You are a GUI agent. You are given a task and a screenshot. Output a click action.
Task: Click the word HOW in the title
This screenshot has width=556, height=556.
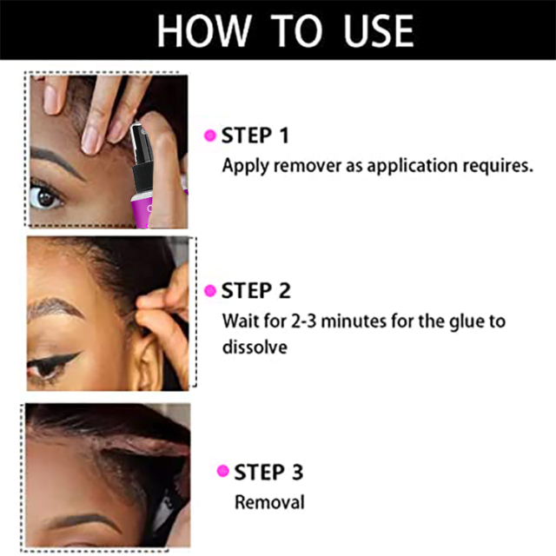(x=204, y=30)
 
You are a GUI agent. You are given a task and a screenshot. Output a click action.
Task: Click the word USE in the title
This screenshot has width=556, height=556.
(x=379, y=30)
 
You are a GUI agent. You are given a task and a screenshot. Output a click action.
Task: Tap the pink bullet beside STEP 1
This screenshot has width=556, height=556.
(x=210, y=136)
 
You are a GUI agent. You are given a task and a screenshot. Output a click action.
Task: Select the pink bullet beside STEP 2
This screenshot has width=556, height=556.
(x=210, y=290)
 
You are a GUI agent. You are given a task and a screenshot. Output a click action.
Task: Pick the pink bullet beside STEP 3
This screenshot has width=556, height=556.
(x=222, y=471)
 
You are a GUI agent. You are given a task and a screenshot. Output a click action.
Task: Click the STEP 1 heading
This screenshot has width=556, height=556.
(x=255, y=136)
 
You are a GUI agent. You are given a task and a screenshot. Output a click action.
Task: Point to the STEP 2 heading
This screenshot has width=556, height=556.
(x=255, y=291)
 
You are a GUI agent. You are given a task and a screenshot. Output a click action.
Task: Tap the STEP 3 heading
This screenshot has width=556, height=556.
(x=268, y=472)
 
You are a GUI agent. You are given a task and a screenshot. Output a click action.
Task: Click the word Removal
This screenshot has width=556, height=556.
(x=270, y=502)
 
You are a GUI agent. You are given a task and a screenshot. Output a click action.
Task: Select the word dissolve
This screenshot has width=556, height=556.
(x=255, y=347)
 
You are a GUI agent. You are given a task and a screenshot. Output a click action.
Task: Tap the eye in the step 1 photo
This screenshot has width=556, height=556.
(x=44, y=196)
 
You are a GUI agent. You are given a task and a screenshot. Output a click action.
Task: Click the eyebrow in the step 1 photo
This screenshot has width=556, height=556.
(x=56, y=162)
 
